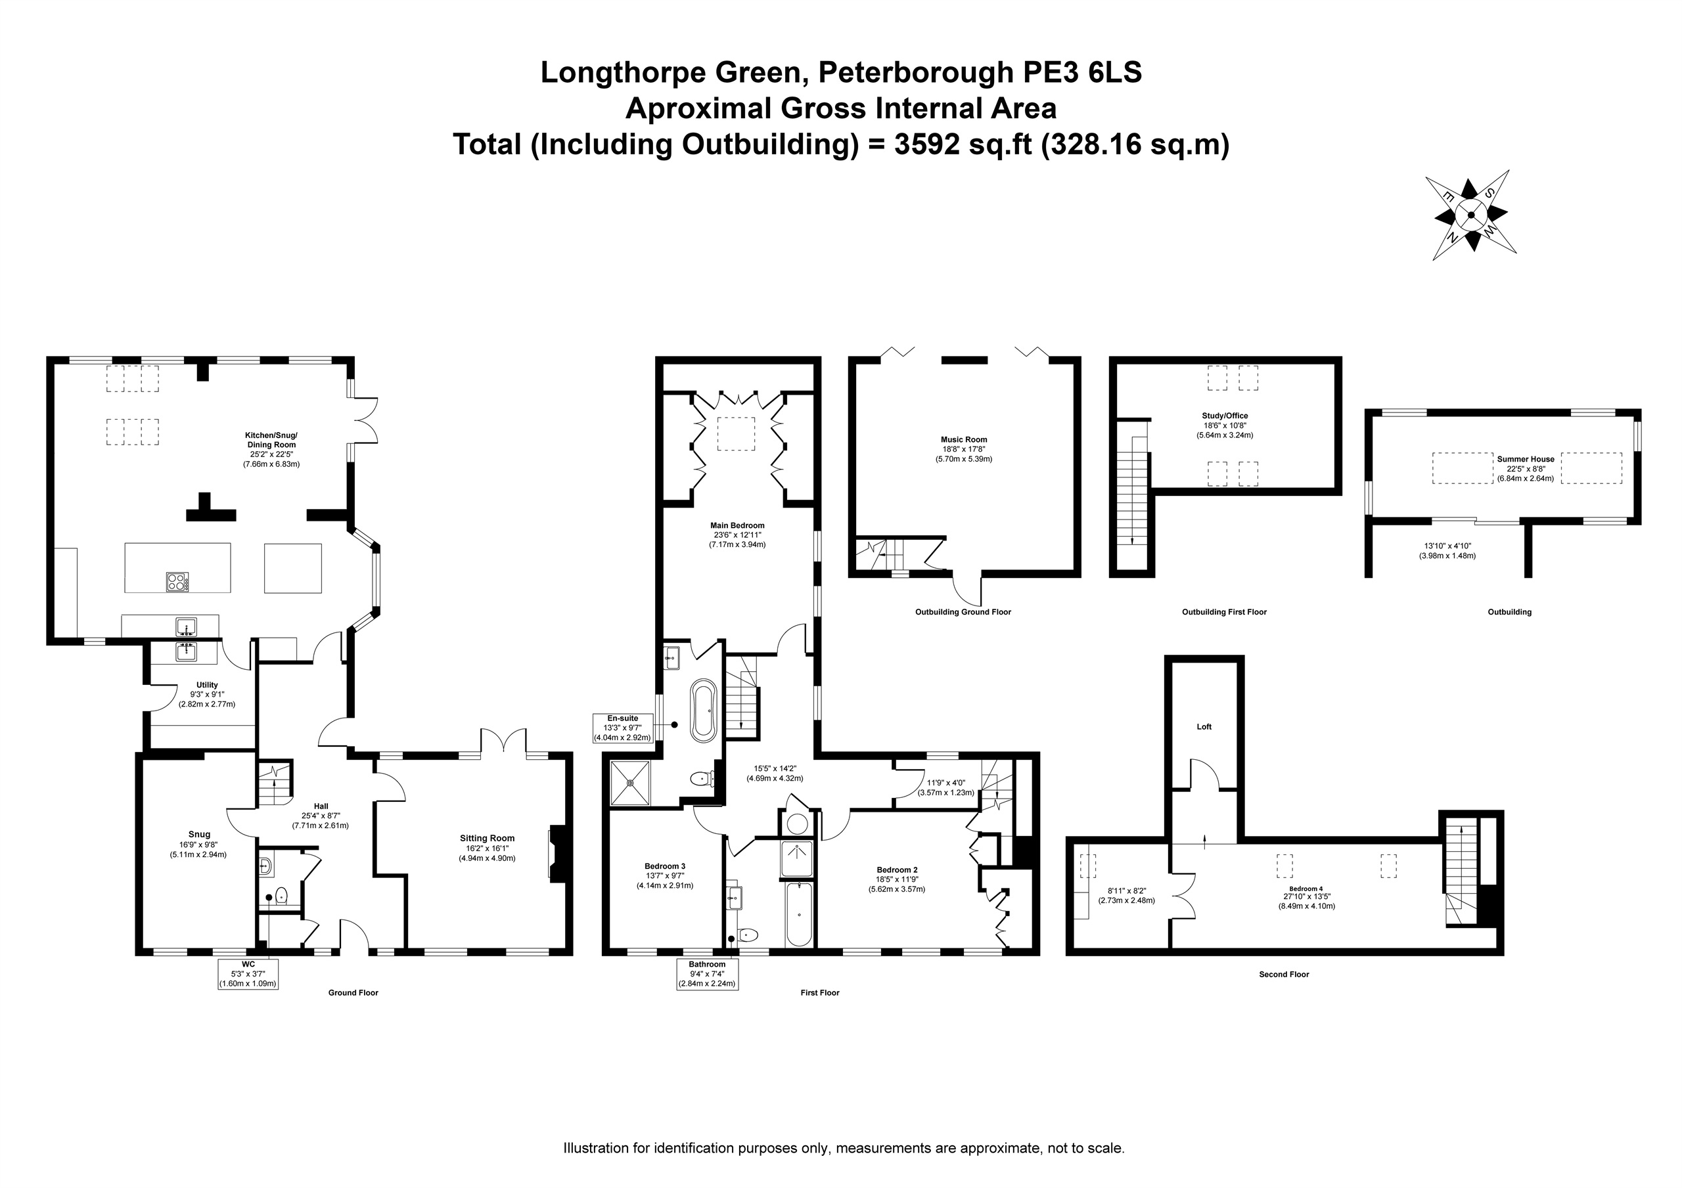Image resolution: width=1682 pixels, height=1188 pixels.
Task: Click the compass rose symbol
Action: pyautogui.click(x=1470, y=215)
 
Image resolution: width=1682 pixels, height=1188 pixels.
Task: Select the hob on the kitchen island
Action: pyautogui.click(x=177, y=582)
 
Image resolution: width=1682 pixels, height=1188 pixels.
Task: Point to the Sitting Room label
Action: pyautogui.click(x=487, y=838)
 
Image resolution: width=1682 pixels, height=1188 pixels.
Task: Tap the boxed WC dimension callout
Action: pyautogui.click(x=248, y=973)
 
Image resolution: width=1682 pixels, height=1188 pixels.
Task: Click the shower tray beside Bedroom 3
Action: pyautogui.click(x=630, y=782)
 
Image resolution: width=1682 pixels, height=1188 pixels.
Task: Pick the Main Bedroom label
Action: pyautogui.click(x=737, y=525)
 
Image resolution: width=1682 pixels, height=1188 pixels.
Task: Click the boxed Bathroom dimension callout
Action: pyautogui.click(x=707, y=974)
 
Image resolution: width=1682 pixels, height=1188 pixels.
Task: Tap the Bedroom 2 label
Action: pyautogui.click(x=896, y=870)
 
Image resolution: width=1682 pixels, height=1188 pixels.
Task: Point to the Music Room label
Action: pyautogui.click(x=964, y=439)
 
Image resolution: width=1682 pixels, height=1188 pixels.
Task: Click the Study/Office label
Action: pyautogui.click(x=1225, y=415)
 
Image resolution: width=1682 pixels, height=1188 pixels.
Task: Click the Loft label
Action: pyautogui.click(x=1204, y=726)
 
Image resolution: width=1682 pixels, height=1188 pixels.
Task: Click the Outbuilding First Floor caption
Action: pyautogui.click(x=1224, y=611)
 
